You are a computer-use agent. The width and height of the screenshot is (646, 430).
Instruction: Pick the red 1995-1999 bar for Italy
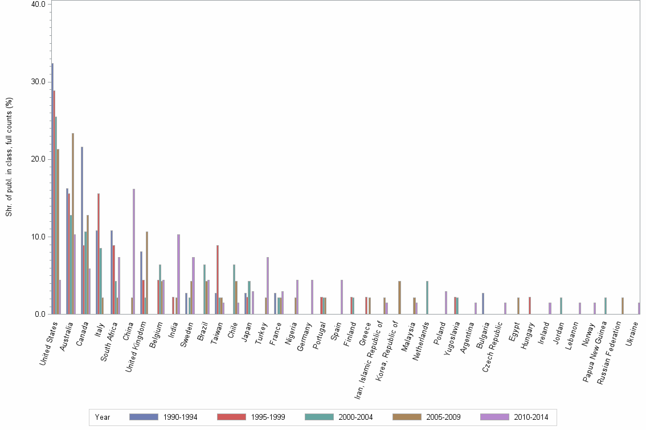99,254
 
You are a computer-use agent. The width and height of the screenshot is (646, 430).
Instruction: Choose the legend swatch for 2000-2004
319,417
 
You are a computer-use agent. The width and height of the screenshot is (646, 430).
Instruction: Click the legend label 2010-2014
530,417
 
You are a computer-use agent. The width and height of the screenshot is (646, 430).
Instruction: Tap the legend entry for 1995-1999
267,417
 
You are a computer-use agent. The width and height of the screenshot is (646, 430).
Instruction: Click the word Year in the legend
103,417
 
